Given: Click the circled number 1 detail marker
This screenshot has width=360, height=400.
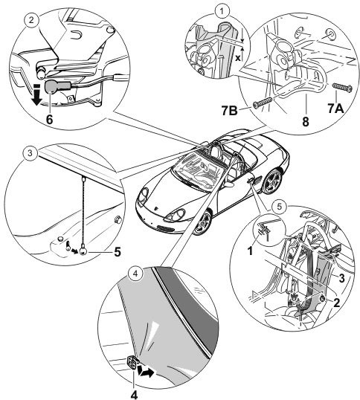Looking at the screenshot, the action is pyautogui.click(x=222, y=11).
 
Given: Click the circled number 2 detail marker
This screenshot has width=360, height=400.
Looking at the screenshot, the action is pyautogui.click(x=31, y=20).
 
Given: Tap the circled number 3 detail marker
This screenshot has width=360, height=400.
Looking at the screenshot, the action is pyautogui.click(x=30, y=153).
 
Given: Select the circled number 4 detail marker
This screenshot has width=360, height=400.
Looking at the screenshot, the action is pyautogui.click(x=135, y=274).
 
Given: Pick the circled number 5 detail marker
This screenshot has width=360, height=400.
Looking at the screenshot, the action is pyautogui.click(x=280, y=207).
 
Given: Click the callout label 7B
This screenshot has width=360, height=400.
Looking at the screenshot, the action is pyautogui.click(x=230, y=111).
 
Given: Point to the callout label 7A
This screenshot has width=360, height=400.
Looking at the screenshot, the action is pyautogui.click(x=335, y=109).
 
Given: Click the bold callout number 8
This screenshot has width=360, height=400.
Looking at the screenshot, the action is pyautogui.click(x=306, y=121).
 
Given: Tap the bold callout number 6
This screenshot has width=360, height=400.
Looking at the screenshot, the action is pyautogui.click(x=49, y=119).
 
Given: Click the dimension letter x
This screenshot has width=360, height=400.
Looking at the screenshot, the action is pyautogui.click(x=238, y=58).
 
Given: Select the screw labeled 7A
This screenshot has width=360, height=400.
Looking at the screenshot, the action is pyautogui.click(x=342, y=88).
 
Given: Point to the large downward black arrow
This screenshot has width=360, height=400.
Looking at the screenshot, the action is pyautogui.click(x=36, y=96).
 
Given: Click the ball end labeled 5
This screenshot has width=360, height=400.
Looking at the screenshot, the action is pyautogui.click(x=83, y=252).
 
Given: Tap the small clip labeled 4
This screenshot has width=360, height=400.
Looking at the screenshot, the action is pyautogui.click(x=133, y=362).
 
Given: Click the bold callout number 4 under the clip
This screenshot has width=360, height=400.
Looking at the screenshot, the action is pyautogui.click(x=134, y=395).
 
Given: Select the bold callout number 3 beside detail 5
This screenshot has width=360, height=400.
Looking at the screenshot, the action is pyautogui.click(x=341, y=278).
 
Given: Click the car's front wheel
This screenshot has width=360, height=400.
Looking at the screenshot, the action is pyautogui.click(x=203, y=223).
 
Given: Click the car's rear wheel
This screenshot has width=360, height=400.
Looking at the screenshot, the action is pyautogui.click(x=273, y=181).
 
